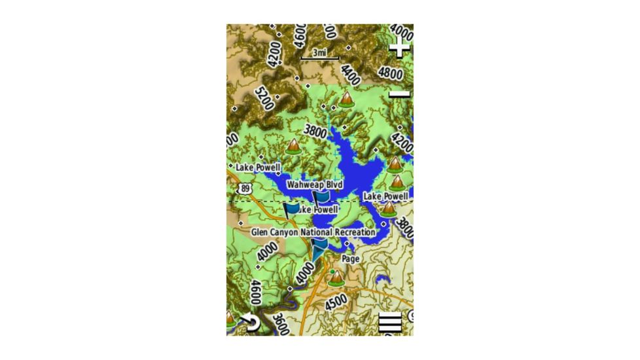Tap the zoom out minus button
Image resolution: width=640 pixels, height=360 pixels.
tap(399, 94)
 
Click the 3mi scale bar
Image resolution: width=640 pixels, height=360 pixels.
tap(320, 54)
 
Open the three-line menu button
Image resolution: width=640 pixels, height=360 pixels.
tap(391, 323)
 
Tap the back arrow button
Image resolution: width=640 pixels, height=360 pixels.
tap(250, 322)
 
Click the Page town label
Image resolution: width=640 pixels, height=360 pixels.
tap(351, 259)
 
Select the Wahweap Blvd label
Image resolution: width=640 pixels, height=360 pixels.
tap(315, 185)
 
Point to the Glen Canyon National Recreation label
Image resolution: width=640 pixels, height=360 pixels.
tap(313, 232)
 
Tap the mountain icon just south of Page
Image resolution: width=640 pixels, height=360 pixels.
tap(337, 278)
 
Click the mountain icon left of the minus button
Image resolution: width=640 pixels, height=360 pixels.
tap(346, 99)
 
